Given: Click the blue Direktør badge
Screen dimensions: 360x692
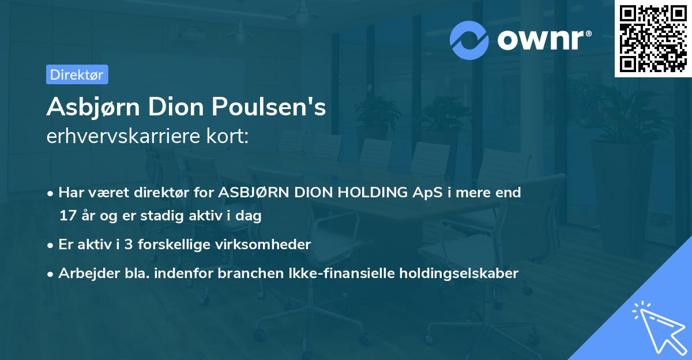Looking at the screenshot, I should pos(77,74).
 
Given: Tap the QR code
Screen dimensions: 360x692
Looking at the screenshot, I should pos(653,39).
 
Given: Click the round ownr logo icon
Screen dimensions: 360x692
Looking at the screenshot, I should pos(469,40).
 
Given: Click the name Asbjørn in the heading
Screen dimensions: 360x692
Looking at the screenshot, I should pos(91,107).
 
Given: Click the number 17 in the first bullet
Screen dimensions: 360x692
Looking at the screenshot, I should pos(66,216).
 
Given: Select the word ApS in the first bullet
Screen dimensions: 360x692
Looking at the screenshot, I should pos(424,193).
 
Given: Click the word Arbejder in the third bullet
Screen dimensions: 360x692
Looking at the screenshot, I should pos(83,273).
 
